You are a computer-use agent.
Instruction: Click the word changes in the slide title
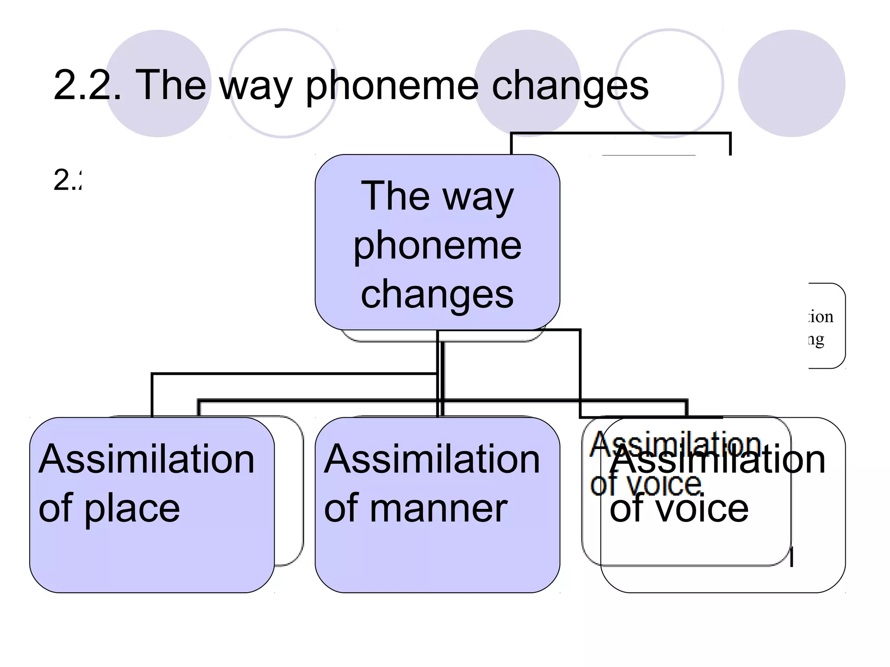pyautogui.click(x=570, y=86)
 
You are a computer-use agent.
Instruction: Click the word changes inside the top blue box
pyautogui.click(x=437, y=294)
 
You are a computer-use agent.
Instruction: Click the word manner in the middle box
pyautogui.click(x=438, y=508)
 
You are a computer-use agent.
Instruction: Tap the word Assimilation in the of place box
pyautogui.click(x=146, y=459)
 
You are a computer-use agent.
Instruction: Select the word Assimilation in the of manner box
pyautogui.click(x=432, y=459)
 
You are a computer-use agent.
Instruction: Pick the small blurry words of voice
pyautogui.click(x=645, y=485)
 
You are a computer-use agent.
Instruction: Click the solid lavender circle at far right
pyautogui.click(x=791, y=83)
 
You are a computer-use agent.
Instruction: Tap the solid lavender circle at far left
pyautogui.click(x=158, y=83)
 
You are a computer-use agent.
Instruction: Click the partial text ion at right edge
pyautogui.click(x=821, y=317)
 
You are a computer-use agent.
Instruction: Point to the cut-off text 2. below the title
pyautogui.click(x=67, y=180)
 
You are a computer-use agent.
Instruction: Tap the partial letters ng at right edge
pyautogui.click(x=817, y=340)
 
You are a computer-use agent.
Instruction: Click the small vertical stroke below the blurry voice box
pyautogui.click(x=792, y=557)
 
